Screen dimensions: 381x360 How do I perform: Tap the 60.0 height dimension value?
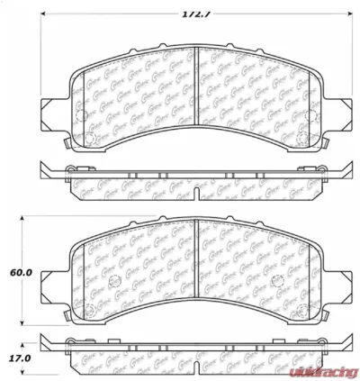(x=22, y=272)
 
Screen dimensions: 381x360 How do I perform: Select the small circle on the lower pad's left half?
(x=113, y=286)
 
